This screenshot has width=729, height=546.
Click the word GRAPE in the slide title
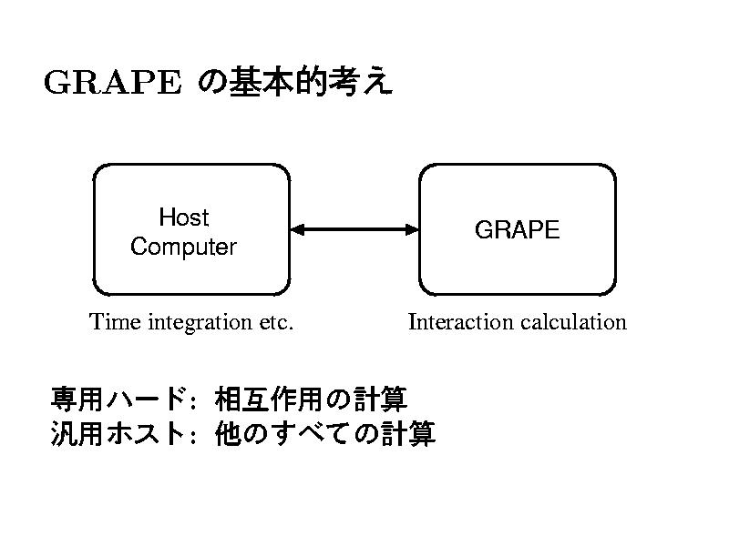(112, 82)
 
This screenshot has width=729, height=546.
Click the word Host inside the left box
(184, 217)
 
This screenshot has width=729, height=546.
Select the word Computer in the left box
(184, 247)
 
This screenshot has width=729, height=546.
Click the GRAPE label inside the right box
(518, 229)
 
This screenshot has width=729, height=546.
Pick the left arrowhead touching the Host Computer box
(298, 229)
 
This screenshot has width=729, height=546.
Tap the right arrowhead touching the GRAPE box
(412, 229)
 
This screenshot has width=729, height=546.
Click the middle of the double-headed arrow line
(354, 229)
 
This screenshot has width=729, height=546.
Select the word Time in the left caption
(115, 322)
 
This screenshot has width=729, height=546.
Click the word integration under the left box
(200, 323)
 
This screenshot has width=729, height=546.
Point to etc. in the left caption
(276, 323)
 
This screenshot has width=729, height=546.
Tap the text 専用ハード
(119, 399)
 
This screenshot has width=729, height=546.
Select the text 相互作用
(269, 399)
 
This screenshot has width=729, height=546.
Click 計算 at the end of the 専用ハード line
(380, 399)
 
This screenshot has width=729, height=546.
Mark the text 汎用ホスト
(119, 433)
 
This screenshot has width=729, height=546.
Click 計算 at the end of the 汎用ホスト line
(408, 433)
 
